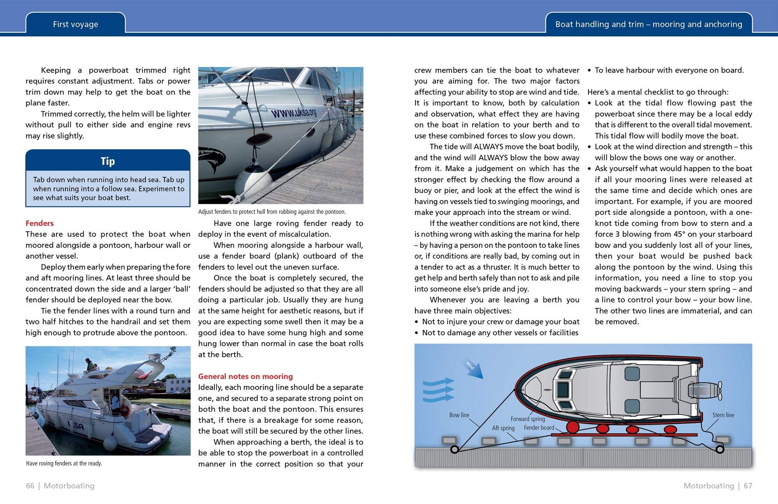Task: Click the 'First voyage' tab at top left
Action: click(x=75, y=24)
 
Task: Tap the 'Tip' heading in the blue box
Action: click(x=108, y=161)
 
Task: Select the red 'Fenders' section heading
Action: click(x=40, y=223)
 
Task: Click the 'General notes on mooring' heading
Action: click(x=245, y=376)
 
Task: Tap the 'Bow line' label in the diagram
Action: click(x=459, y=415)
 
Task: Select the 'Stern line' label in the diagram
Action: click(x=723, y=415)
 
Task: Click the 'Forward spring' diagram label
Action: click(x=527, y=419)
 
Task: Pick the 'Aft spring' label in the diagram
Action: click(x=503, y=428)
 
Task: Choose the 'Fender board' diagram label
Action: click(x=539, y=427)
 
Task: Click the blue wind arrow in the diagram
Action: click(x=475, y=370)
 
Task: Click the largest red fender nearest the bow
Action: click(x=572, y=427)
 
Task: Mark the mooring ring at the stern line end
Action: click(x=720, y=450)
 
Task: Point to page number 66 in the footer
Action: click(x=30, y=486)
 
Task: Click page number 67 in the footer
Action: click(x=748, y=486)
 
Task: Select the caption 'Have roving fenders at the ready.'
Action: click(x=64, y=463)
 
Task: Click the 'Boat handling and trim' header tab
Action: click(x=648, y=24)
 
